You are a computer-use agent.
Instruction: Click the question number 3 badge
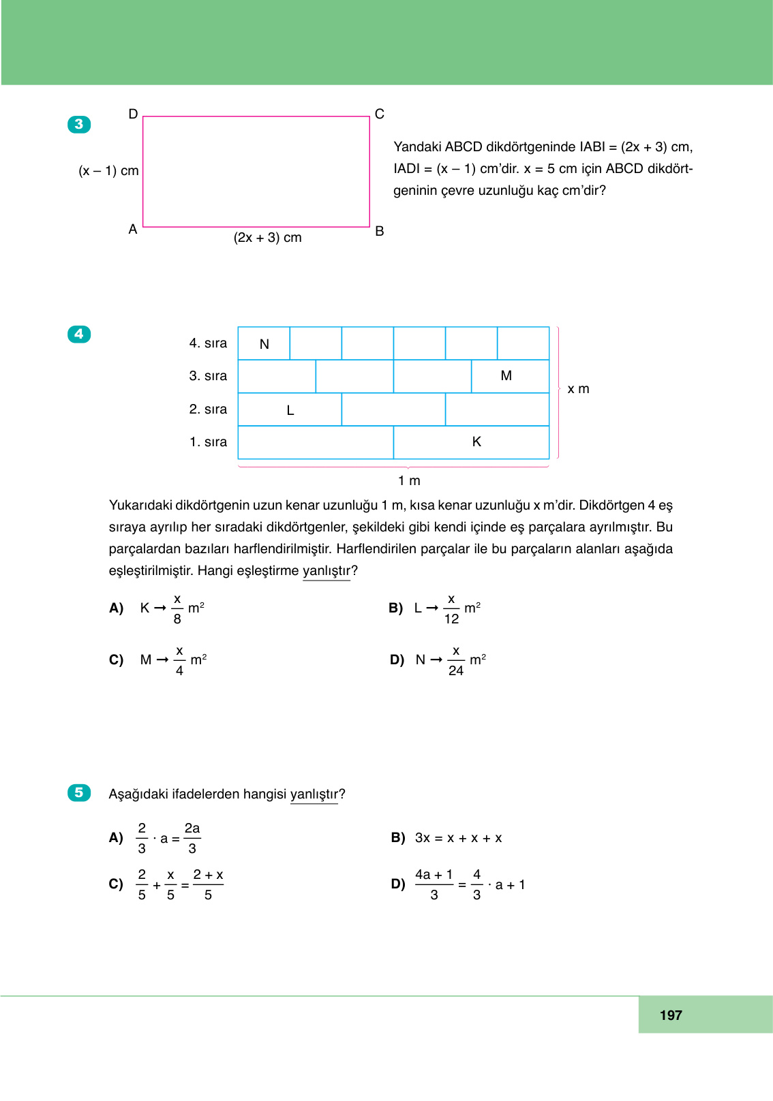(x=79, y=124)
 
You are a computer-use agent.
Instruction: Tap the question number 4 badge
(x=79, y=334)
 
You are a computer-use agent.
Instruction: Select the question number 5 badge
(x=79, y=792)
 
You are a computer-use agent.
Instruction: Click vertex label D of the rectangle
(x=133, y=114)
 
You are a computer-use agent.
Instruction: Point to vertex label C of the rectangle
(x=380, y=114)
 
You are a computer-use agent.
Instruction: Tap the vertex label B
(x=380, y=231)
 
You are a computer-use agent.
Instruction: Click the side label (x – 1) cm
(x=108, y=170)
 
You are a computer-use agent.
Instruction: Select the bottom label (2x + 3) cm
(x=267, y=237)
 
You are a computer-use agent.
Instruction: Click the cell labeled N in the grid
(x=264, y=343)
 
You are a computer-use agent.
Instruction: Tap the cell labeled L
(x=290, y=409)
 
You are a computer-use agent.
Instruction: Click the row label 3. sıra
(x=208, y=376)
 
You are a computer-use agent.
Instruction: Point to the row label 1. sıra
(x=208, y=442)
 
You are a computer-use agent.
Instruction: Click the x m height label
(x=578, y=389)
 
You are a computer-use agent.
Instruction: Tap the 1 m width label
(x=409, y=480)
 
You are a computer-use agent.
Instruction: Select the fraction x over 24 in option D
(x=456, y=660)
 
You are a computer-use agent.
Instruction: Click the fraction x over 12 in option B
(x=451, y=608)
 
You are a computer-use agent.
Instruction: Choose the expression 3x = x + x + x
(x=458, y=838)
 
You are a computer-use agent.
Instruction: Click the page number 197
(x=671, y=1015)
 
